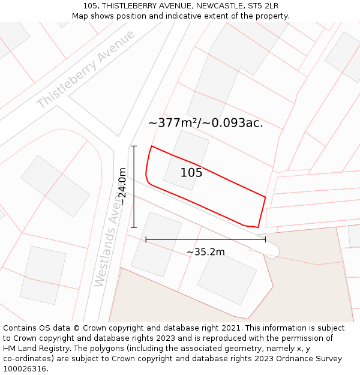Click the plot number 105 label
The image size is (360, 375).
click(x=191, y=173)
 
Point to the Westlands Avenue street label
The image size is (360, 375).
click(x=109, y=241)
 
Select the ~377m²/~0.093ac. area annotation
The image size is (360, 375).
click(x=205, y=123)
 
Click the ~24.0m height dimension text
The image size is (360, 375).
click(x=122, y=187)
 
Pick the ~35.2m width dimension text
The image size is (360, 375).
click(x=205, y=252)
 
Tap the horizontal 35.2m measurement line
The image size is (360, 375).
click(x=205, y=239)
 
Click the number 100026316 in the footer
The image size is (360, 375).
click(x=24, y=369)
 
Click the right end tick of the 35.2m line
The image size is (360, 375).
click(x=265, y=239)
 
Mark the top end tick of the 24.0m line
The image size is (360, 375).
click(x=134, y=146)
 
